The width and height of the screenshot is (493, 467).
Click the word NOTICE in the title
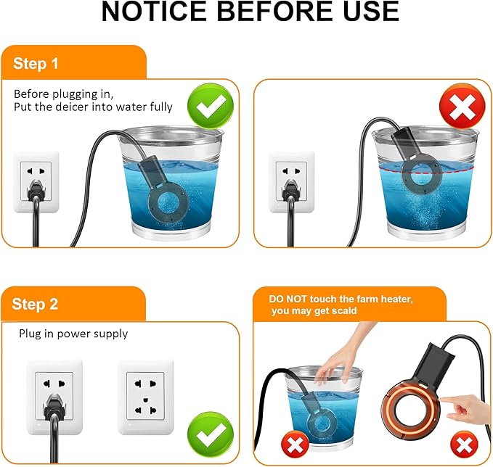154,12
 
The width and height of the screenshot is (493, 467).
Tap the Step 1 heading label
36,64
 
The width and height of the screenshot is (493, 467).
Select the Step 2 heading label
35,304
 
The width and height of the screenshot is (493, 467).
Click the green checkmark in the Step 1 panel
211,106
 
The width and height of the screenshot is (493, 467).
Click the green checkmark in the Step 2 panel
211,435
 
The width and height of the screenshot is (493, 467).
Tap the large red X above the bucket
463,106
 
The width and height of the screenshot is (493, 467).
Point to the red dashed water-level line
426,170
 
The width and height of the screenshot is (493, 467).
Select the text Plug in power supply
73,334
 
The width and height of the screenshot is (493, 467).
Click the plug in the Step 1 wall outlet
36,190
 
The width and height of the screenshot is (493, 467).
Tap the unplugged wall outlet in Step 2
145,397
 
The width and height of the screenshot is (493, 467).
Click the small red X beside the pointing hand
464,445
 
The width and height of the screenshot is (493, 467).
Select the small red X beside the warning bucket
295,445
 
